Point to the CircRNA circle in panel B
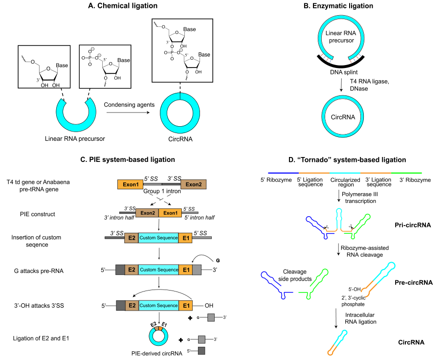point(342,117)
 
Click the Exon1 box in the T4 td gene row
point(130,184)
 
